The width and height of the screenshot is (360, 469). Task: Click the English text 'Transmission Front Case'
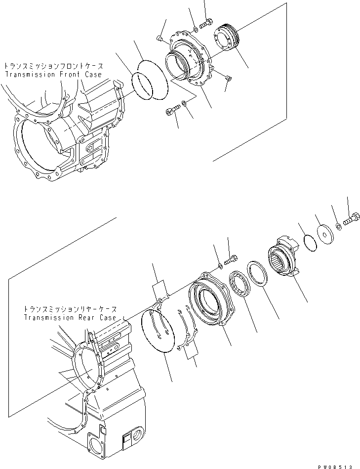[53, 74]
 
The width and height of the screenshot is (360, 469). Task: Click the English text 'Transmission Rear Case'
[70, 317]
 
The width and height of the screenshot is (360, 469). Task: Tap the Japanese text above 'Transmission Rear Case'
[70, 308]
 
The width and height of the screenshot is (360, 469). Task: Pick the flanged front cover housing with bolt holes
[190, 59]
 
